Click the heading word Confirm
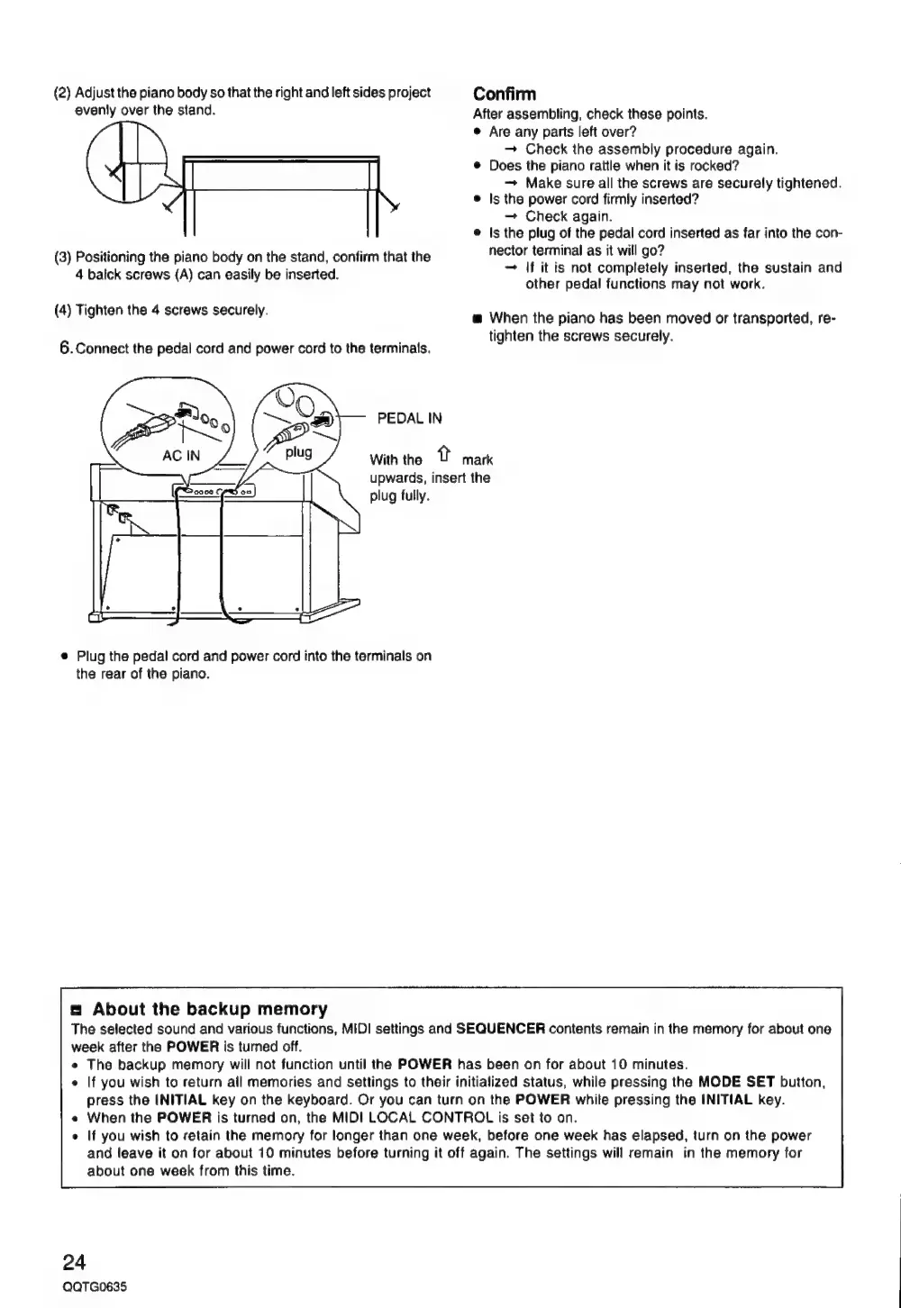505,95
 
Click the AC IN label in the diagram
180,456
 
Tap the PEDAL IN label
409,418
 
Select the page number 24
74,1259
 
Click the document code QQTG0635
94,1287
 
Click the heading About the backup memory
209,1009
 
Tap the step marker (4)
64,311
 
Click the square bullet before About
77,1010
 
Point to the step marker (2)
64,93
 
